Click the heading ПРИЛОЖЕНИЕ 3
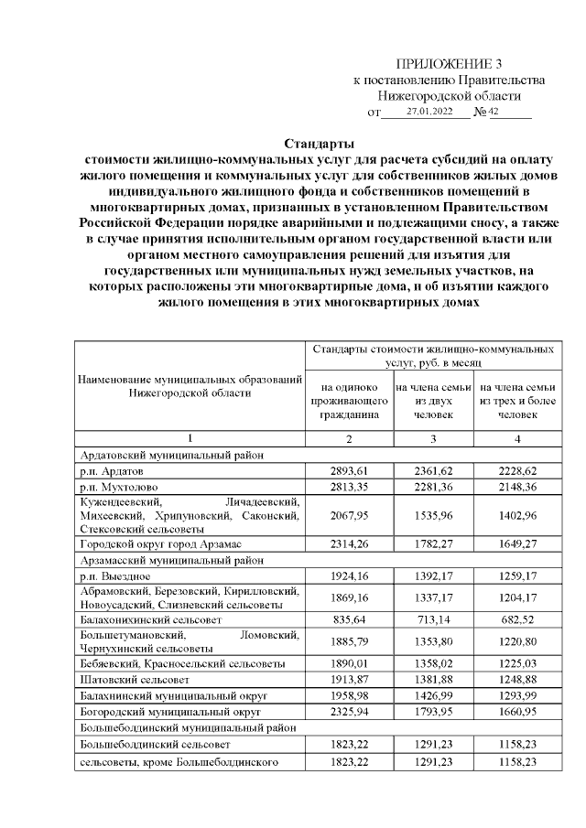(449, 64)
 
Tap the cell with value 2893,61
(348, 469)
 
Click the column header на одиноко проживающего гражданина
(348, 401)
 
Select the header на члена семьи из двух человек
(433, 401)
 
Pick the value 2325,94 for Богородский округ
(348, 711)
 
